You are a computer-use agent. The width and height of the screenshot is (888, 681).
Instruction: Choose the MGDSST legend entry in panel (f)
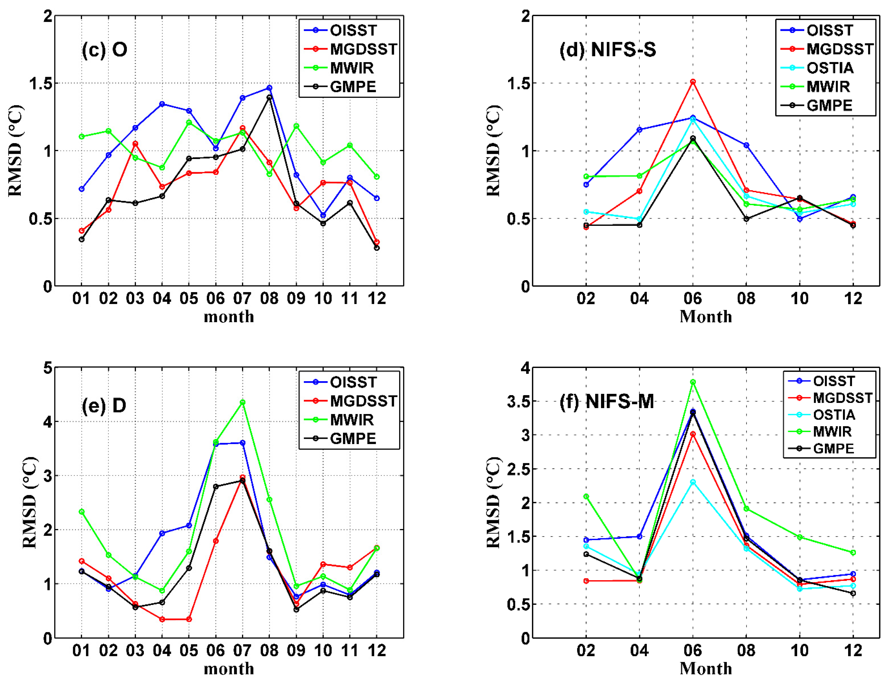point(842,398)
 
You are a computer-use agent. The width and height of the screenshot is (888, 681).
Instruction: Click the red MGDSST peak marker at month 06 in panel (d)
point(693,82)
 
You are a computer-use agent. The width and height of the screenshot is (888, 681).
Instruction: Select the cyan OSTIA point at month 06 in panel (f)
point(693,482)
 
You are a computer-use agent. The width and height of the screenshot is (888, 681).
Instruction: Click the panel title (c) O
point(105,49)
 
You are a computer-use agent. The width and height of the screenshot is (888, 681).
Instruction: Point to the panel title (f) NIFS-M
point(606,402)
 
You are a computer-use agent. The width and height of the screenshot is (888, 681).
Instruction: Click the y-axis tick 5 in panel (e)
point(48,368)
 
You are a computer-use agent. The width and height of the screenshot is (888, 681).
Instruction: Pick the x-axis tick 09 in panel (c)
point(296,299)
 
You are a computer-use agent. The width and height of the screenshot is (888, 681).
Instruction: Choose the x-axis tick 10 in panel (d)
point(800,299)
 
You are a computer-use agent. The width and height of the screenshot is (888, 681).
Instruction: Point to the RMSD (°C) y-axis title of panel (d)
point(493,151)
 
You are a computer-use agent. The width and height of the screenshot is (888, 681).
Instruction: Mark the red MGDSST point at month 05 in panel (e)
point(189,619)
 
